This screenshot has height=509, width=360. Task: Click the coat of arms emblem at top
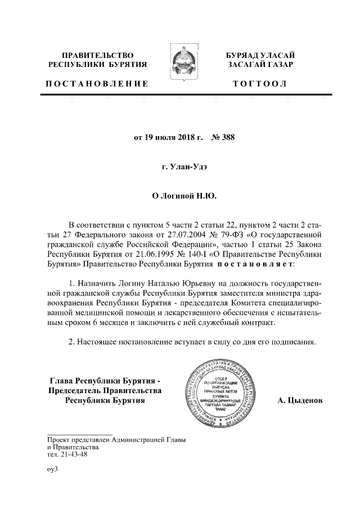(180, 62)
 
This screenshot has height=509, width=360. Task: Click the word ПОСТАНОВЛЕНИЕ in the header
(97, 84)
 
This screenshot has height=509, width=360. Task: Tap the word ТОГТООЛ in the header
(259, 84)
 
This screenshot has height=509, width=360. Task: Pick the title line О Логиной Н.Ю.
(180, 197)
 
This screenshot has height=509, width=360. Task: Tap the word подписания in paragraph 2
(291, 341)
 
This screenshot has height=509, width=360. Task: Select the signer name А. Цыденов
(300, 401)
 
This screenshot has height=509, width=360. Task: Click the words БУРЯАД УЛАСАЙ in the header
(259, 55)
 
